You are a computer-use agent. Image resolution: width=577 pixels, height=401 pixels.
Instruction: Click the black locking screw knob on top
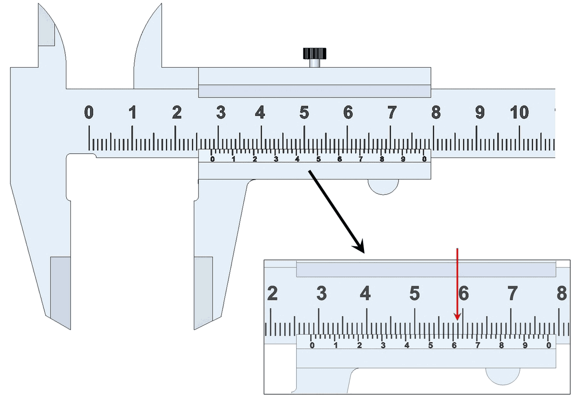(x=315, y=53)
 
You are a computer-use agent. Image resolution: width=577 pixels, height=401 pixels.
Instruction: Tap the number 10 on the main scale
(x=519, y=113)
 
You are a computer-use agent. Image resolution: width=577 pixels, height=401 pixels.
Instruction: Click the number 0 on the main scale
(x=88, y=113)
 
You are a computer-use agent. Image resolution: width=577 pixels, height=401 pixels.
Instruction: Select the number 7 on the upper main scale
(x=391, y=113)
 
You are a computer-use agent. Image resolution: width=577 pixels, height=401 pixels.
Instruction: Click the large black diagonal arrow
(x=337, y=211)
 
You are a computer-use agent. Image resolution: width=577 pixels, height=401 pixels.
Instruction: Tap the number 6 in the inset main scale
(x=463, y=292)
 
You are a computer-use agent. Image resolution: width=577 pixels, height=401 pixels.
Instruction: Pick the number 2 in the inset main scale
(x=272, y=292)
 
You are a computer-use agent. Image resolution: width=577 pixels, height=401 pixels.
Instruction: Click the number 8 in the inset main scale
(x=561, y=292)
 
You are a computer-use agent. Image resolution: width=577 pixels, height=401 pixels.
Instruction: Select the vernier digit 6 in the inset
(x=454, y=345)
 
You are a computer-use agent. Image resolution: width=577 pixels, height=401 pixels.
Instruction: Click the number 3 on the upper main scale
(x=220, y=113)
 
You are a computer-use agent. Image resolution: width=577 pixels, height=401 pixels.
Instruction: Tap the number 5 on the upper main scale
(x=304, y=113)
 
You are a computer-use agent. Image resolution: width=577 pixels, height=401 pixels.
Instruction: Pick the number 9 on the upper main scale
(x=480, y=113)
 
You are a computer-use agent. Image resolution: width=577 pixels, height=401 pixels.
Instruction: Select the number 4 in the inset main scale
(x=365, y=292)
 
